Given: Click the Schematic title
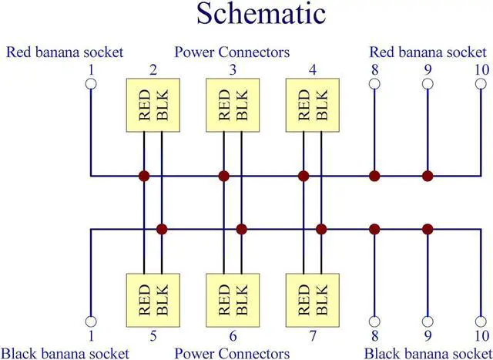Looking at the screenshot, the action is point(261,14).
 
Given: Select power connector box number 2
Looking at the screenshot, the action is point(153,105).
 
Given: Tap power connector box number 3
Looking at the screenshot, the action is point(233,105).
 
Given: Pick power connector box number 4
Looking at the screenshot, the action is point(313,105).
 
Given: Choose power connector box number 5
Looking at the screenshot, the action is point(153,300).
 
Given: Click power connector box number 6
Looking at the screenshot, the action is point(233,300).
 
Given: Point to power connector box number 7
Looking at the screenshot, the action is point(313,300).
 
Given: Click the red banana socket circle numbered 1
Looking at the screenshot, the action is point(91,84).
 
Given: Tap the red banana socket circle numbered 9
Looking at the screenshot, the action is point(428,84).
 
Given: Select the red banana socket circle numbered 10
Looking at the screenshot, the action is point(481,84).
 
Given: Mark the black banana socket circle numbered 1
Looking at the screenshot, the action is point(91,321).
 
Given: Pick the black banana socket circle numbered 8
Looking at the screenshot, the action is point(374,321).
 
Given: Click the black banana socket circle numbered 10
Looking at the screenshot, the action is point(481,321).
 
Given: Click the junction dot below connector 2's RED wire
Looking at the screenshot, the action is point(144,176).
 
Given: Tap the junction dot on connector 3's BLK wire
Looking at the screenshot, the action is point(241,230).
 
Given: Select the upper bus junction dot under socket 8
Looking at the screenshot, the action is point(374,176).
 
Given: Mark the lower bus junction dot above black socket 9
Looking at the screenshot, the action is point(428,230).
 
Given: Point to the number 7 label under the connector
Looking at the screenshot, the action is point(313,336).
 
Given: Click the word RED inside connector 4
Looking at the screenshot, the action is point(304,105).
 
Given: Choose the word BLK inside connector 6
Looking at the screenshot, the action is point(242,300).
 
